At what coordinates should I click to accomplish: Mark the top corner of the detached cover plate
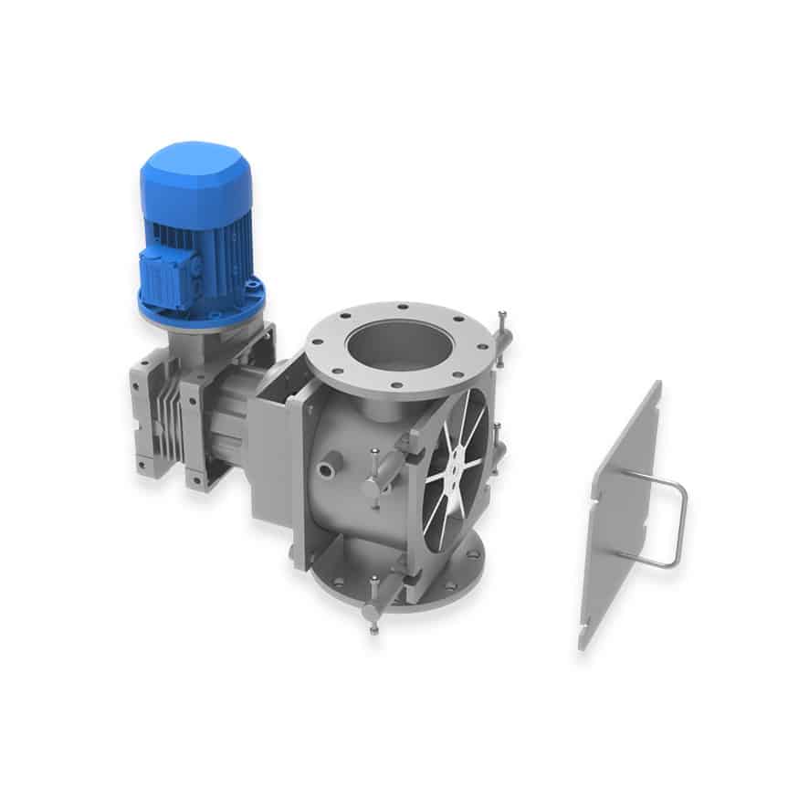coord(657,384)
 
